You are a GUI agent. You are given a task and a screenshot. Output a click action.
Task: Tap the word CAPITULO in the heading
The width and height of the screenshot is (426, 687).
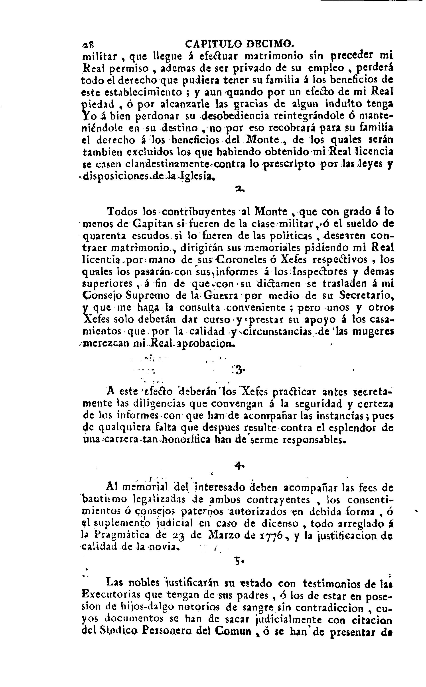pos(214,44)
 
